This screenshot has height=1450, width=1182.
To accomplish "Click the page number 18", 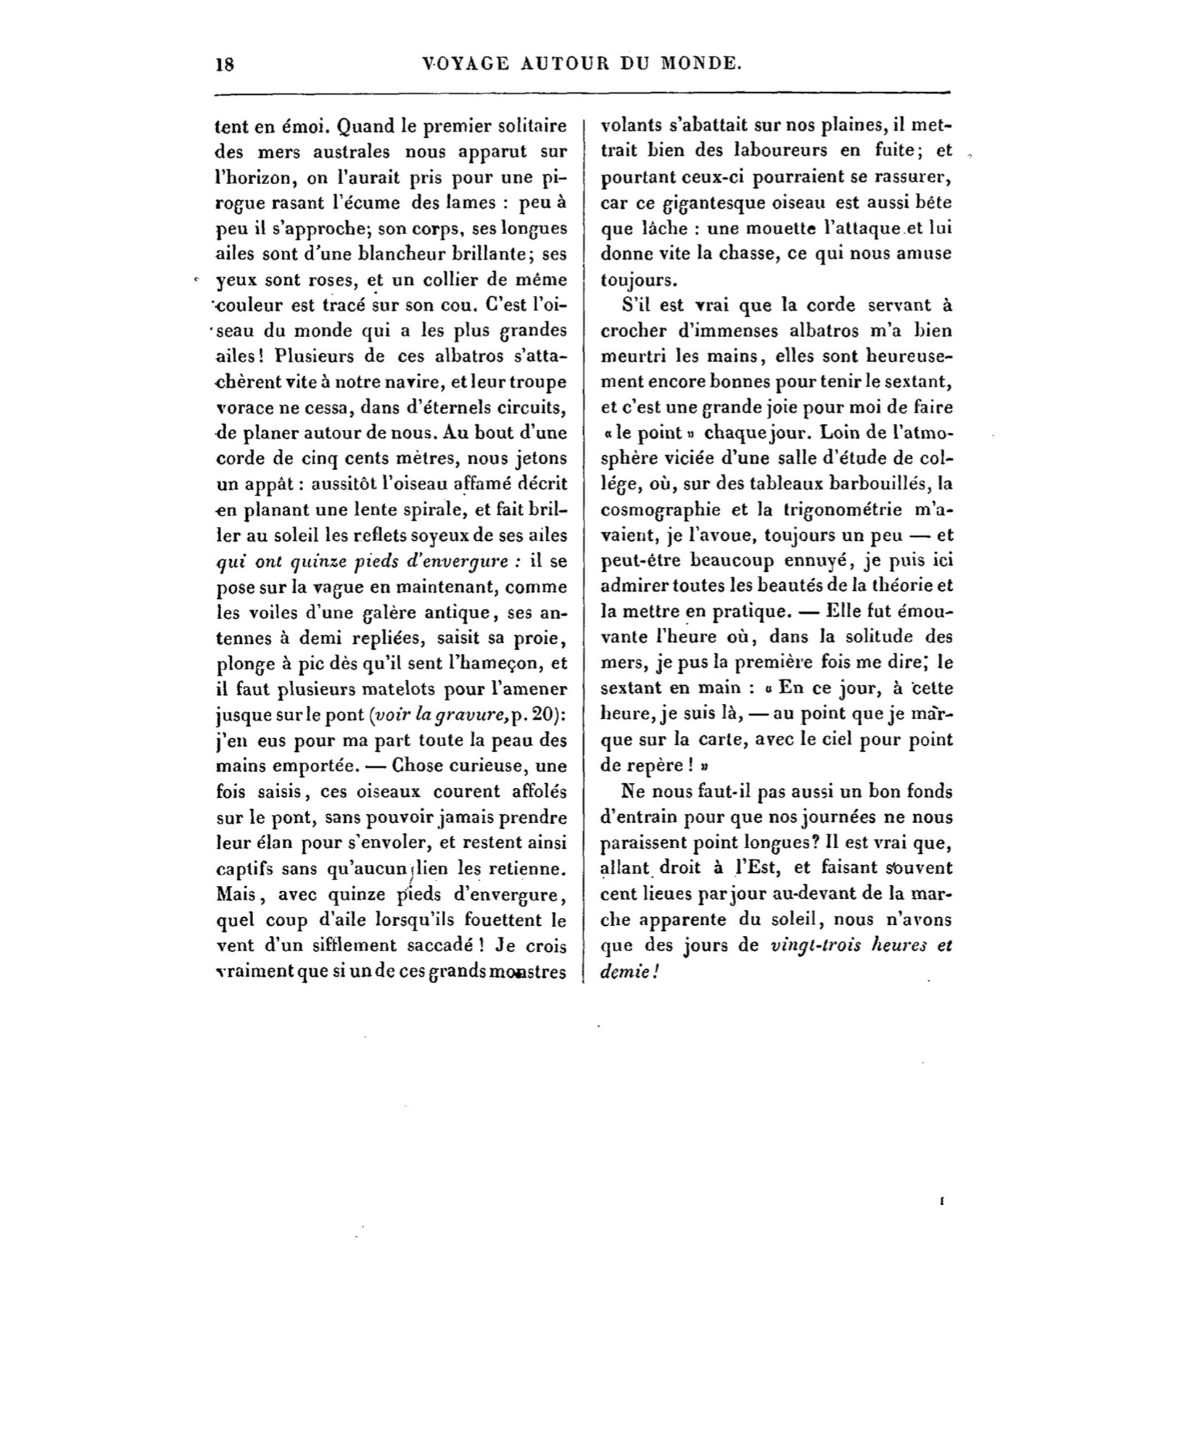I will click(224, 64).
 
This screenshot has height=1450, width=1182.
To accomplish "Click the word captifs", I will click(241, 869).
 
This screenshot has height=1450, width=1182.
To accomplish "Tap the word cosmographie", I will click(661, 510).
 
